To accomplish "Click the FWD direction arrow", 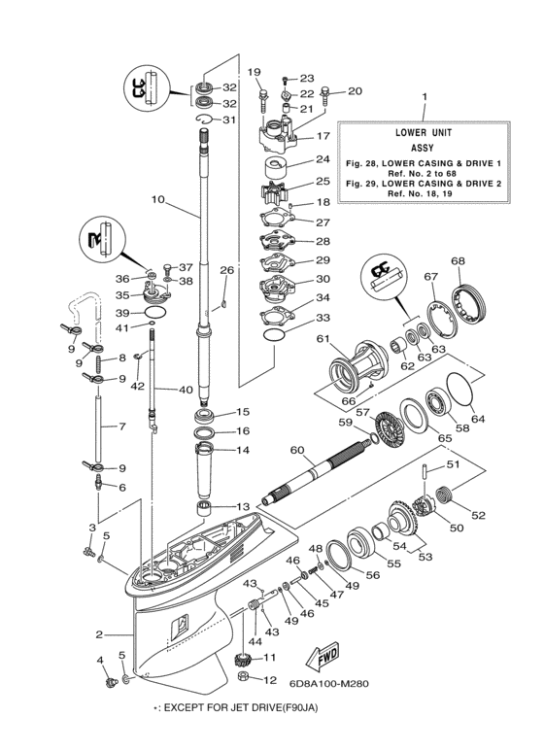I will point(319,657).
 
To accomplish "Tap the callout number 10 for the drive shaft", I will point(158,200).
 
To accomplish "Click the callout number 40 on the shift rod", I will point(185,390).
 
